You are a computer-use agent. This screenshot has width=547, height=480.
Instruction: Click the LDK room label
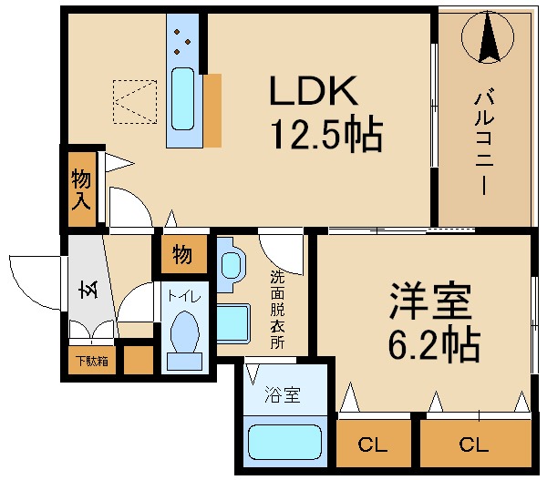pyautogui.click(x=314, y=90)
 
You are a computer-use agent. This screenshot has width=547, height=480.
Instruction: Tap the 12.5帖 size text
pyautogui.click(x=326, y=134)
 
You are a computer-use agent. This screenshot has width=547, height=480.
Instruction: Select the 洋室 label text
pyautogui.click(x=431, y=301)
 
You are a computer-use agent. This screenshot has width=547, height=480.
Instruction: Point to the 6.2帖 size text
pyautogui.click(x=434, y=343)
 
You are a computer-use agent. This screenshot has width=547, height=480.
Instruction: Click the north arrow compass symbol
pyautogui.click(x=488, y=36)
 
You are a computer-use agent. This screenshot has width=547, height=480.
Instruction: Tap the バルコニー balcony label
pyautogui.click(x=483, y=142)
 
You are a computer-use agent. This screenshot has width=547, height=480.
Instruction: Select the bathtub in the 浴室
pyautogui.click(x=284, y=442)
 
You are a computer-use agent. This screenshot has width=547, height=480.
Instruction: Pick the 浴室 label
pyautogui.click(x=283, y=395)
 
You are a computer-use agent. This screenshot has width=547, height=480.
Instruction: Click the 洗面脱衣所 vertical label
pyautogui.click(x=278, y=310)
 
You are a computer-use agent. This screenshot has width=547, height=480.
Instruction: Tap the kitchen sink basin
pyautogui.click(x=183, y=98)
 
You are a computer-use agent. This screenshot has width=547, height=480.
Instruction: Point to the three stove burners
pyautogui.click(x=182, y=42)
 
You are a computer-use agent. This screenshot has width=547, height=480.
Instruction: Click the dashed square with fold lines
pyautogui.click(x=135, y=102)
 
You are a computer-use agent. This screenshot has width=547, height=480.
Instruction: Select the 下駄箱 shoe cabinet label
pyautogui.click(x=92, y=361)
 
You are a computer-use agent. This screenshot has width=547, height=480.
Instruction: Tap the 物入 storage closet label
pyautogui.click(x=81, y=189)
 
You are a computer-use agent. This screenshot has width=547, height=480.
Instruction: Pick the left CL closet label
pyautogui.click(x=373, y=444)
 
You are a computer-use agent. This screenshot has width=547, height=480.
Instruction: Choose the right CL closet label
pyautogui.click(x=474, y=444)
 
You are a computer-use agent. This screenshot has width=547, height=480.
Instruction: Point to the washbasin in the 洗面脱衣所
pyautogui.click(x=232, y=265)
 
